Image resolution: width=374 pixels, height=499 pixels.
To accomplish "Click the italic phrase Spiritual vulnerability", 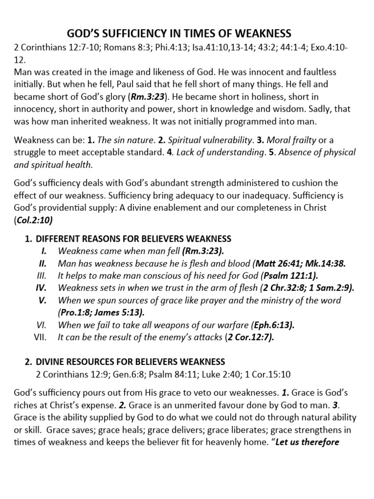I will [200, 140].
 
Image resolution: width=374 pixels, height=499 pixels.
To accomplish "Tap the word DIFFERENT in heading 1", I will [59, 239].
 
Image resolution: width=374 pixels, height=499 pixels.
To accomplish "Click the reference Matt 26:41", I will [280, 263].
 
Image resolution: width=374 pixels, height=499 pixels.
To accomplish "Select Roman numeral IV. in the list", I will [41, 288].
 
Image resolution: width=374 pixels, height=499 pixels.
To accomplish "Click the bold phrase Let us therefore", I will [307, 442].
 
